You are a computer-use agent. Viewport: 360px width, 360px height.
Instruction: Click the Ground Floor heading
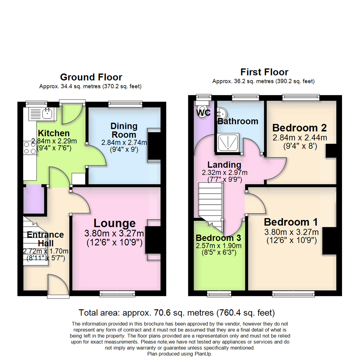coord(91,77)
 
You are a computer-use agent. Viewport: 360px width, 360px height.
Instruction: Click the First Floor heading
coord(264,72)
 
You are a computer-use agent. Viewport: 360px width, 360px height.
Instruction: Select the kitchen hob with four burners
coord(30,147)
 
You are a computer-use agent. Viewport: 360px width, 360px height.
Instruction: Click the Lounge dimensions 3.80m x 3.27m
coord(115,233)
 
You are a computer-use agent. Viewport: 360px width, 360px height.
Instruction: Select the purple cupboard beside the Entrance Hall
coord(34,199)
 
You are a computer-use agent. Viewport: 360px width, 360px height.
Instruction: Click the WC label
coord(203,113)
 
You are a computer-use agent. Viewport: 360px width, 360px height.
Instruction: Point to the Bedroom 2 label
coord(299,128)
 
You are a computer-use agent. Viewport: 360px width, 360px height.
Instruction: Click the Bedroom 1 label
coord(291,222)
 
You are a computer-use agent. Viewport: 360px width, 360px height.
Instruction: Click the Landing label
coord(224,165)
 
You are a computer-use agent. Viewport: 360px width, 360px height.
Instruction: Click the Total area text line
coord(177,313)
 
